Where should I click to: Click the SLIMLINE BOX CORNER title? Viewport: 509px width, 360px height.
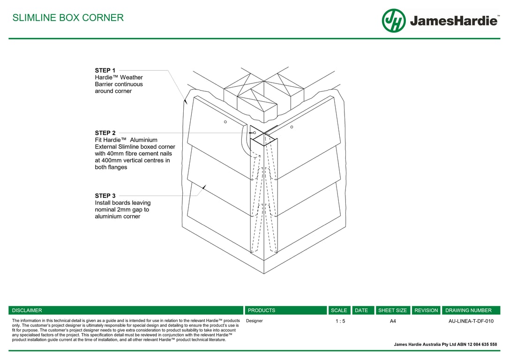point(68,18)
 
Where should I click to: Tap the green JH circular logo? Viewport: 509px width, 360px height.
point(394,21)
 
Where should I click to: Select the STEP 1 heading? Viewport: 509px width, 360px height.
point(105,71)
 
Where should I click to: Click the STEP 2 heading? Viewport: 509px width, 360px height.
point(105,133)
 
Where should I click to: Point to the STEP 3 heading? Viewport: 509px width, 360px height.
point(105,196)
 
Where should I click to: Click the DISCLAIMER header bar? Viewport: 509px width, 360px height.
point(126,310)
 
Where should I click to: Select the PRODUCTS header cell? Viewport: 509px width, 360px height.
point(285,310)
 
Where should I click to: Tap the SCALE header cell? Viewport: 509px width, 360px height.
point(339,310)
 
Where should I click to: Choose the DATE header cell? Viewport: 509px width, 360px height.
point(361,310)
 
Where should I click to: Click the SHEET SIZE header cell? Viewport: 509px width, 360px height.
point(392,310)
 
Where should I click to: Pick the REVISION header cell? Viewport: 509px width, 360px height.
point(426,310)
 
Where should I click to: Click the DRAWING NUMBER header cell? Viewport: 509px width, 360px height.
point(471,310)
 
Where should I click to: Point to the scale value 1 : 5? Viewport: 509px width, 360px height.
point(340,321)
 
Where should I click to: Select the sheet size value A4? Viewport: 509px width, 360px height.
point(393,321)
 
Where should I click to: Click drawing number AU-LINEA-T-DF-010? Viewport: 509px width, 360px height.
point(471,321)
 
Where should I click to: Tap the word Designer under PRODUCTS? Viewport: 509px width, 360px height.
point(254,321)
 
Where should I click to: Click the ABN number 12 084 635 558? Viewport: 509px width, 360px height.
point(478,345)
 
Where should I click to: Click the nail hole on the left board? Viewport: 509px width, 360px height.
point(225,122)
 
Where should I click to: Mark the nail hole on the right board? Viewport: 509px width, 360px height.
point(292,127)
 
